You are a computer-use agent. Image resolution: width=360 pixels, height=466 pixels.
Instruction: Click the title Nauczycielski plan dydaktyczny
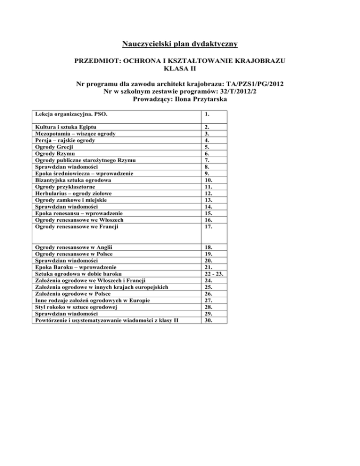click(180, 45)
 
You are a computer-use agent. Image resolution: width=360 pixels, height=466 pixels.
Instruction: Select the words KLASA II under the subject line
click(180, 69)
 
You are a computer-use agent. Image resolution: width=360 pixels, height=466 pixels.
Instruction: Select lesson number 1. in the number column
click(207, 114)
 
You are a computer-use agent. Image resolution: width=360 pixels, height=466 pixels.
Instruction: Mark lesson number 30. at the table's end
click(209, 320)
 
